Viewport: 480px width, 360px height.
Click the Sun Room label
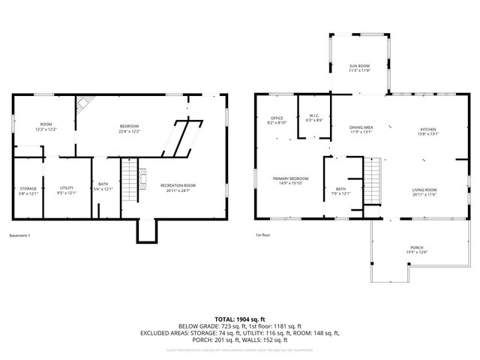[359, 69]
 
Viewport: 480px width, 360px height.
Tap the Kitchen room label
[428, 130]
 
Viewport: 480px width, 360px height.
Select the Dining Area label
[361, 130]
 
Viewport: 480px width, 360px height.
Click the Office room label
[277, 121]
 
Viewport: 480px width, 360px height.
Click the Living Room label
[424, 192]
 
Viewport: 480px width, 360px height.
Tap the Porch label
[416, 250]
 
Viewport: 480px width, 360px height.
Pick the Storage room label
[28, 190]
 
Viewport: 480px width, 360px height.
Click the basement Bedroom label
[130, 128]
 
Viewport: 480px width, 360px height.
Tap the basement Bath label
[103, 187]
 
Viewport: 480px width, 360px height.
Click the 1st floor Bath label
[340, 190]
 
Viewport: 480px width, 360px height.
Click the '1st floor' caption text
[262, 236]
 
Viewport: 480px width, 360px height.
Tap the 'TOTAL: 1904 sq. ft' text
[240, 319]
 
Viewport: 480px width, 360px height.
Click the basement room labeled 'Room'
[46, 127]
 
